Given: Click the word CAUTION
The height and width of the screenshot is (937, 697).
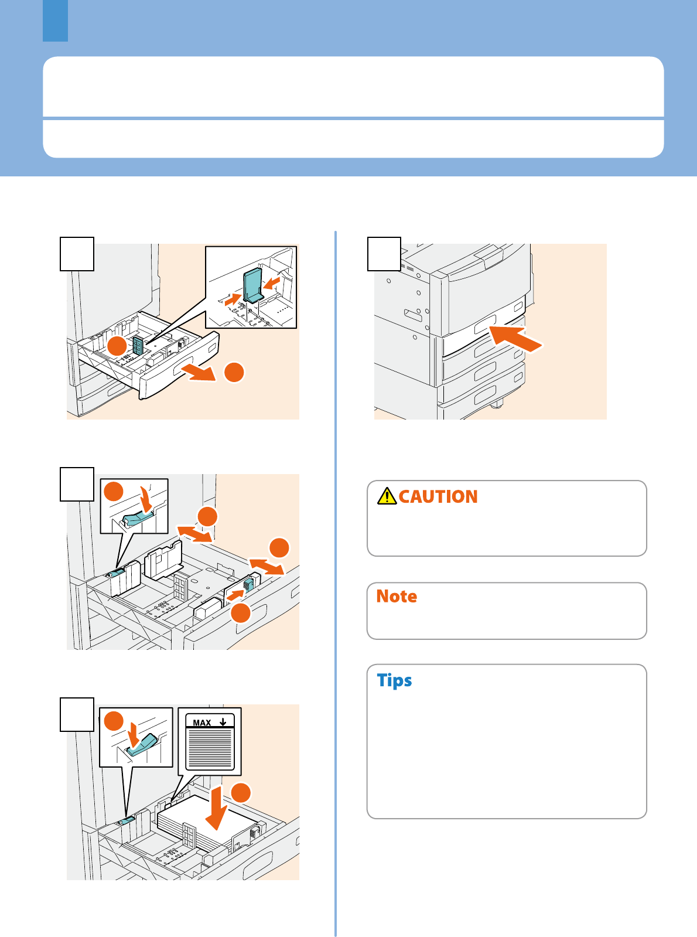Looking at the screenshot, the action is [x=438, y=496].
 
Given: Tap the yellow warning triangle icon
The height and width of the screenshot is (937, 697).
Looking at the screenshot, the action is [x=387, y=496].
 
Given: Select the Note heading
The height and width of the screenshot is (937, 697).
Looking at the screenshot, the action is [x=396, y=596].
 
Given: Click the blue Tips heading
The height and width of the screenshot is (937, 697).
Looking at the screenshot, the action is [x=394, y=680].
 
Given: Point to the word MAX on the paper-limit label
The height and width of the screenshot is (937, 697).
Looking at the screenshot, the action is [x=201, y=723].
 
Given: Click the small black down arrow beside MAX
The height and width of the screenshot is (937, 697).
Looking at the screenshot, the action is [x=223, y=722].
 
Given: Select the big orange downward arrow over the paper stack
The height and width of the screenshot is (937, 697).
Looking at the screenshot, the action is [x=216, y=807].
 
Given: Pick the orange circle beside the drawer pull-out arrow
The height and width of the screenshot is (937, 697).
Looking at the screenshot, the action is [x=234, y=372].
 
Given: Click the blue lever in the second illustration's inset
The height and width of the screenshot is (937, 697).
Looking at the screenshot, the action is [x=137, y=519].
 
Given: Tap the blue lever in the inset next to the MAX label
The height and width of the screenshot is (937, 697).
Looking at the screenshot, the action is [x=142, y=745].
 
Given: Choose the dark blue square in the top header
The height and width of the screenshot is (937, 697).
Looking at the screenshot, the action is [x=55, y=21].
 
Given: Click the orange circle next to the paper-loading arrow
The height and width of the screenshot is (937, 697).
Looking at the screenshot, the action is [x=241, y=792].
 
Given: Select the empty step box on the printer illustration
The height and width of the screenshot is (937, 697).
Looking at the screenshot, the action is [x=384, y=254].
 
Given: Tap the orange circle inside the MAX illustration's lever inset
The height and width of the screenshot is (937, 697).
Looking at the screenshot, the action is [x=114, y=721].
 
